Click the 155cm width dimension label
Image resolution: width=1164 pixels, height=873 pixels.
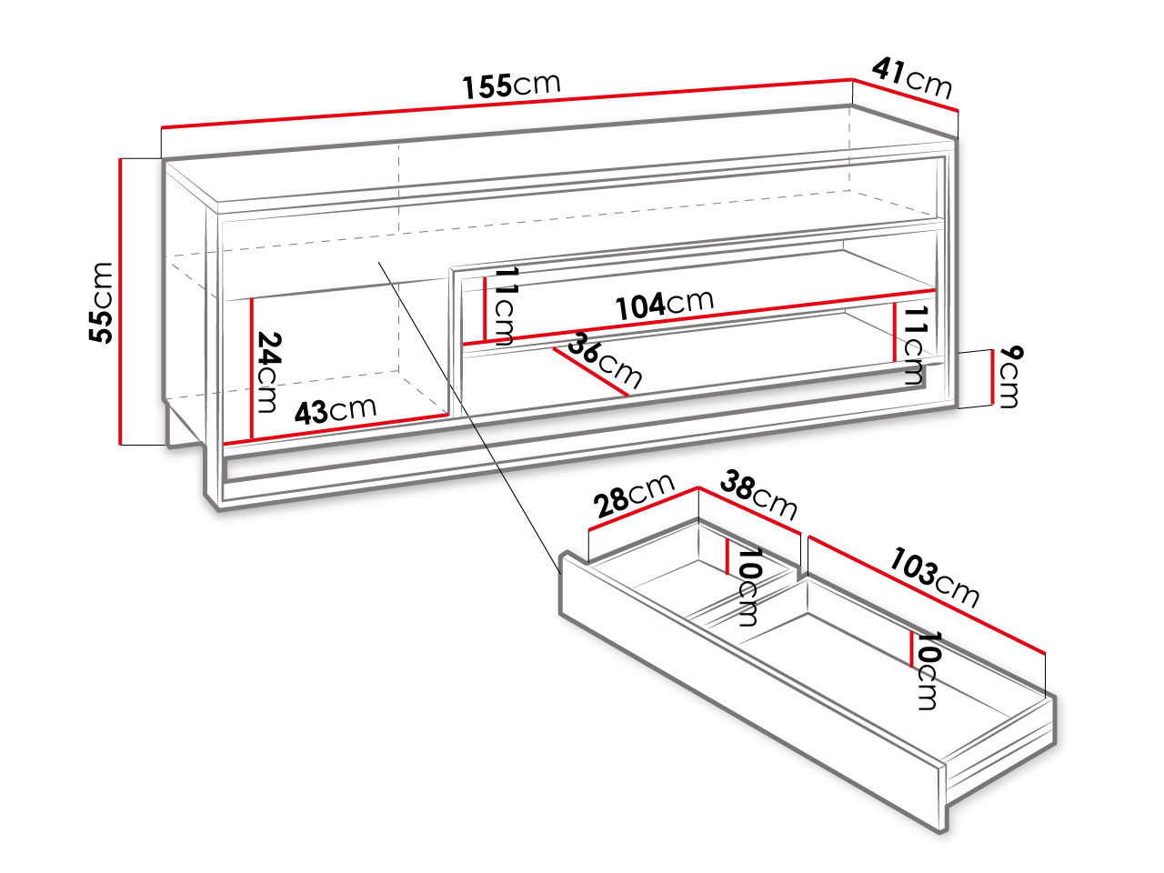(x=511, y=85)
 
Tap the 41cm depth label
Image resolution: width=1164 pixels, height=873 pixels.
(x=911, y=78)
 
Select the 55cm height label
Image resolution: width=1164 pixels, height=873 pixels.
(x=101, y=303)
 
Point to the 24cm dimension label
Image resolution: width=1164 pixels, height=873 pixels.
(x=267, y=372)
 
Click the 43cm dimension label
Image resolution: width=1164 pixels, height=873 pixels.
(x=336, y=410)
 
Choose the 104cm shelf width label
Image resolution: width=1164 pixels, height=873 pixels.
(x=665, y=306)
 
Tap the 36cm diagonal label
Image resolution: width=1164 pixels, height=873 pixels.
(x=605, y=360)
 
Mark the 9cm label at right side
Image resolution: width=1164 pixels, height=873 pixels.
(x=1008, y=376)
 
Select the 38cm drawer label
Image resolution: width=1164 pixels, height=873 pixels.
(x=758, y=495)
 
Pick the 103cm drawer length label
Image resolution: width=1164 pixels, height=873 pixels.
(x=934, y=577)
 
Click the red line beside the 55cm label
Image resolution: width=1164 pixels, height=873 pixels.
(x=121, y=301)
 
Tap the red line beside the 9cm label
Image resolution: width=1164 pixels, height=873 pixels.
(x=991, y=376)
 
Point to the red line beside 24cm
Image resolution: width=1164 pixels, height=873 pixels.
(x=251, y=369)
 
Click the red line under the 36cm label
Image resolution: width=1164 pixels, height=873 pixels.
(x=590, y=372)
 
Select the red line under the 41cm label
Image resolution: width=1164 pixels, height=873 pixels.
(x=906, y=95)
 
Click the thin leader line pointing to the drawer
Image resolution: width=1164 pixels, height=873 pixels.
(x=469, y=417)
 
